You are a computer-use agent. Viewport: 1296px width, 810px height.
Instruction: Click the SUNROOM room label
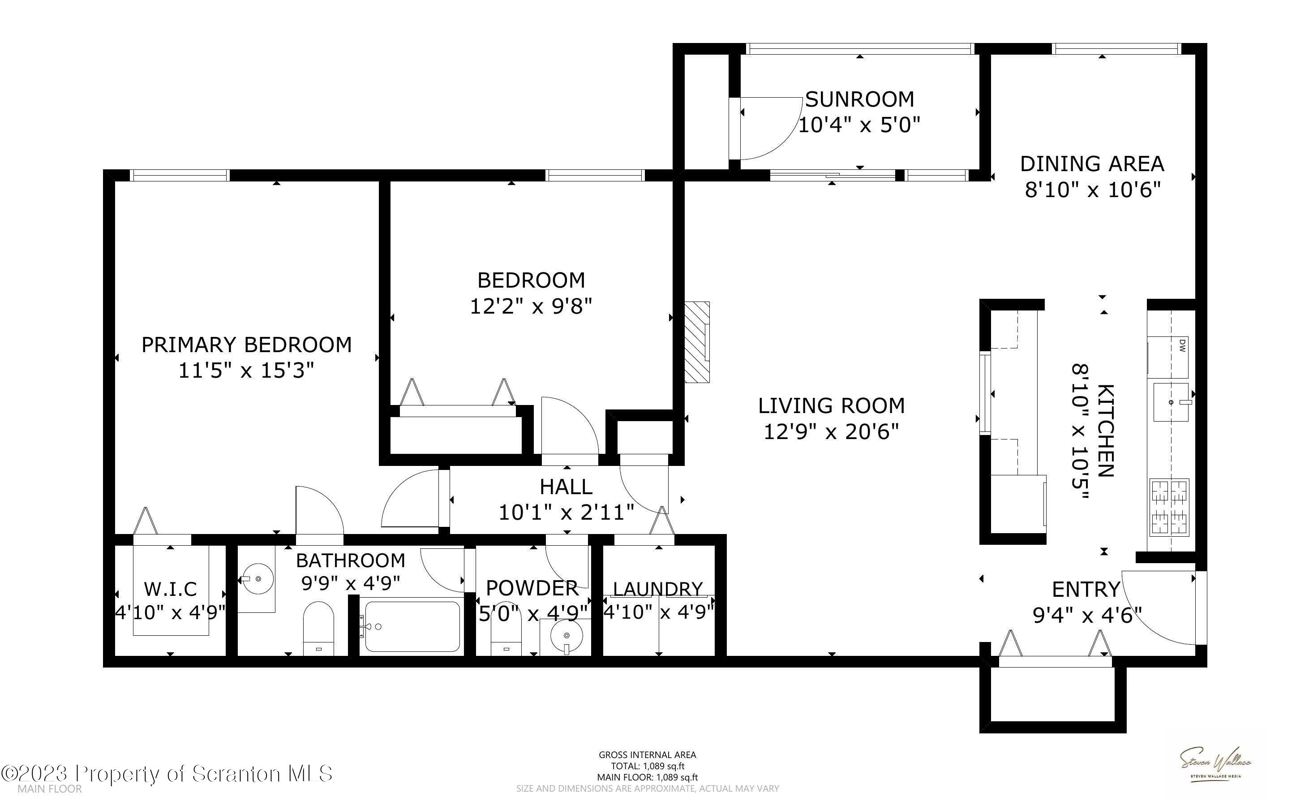click(x=859, y=99)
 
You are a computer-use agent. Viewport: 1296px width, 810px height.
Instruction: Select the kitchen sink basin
click(x=1170, y=402)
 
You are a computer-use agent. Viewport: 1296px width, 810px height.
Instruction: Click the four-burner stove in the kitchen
click(x=1169, y=507)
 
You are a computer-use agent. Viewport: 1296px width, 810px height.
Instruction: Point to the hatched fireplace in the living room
click(x=696, y=342)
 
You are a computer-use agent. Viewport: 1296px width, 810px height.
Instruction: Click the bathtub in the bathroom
click(x=411, y=626)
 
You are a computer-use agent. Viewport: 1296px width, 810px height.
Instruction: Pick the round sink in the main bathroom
click(x=257, y=578)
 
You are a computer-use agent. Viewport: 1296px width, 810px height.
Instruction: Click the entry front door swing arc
click(x=1156, y=611)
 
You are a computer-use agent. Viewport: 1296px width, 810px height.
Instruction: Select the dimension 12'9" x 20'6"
click(x=831, y=431)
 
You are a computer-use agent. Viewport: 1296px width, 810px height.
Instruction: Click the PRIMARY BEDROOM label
click(x=246, y=345)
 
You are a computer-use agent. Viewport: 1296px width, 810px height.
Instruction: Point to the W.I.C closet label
click(x=170, y=589)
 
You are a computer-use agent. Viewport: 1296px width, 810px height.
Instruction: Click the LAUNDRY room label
click(x=657, y=589)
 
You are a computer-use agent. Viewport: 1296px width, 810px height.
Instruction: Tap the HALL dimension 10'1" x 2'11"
click(x=566, y=513)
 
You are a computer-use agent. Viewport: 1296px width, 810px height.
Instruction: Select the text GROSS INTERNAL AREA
click(x=647, y=755)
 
